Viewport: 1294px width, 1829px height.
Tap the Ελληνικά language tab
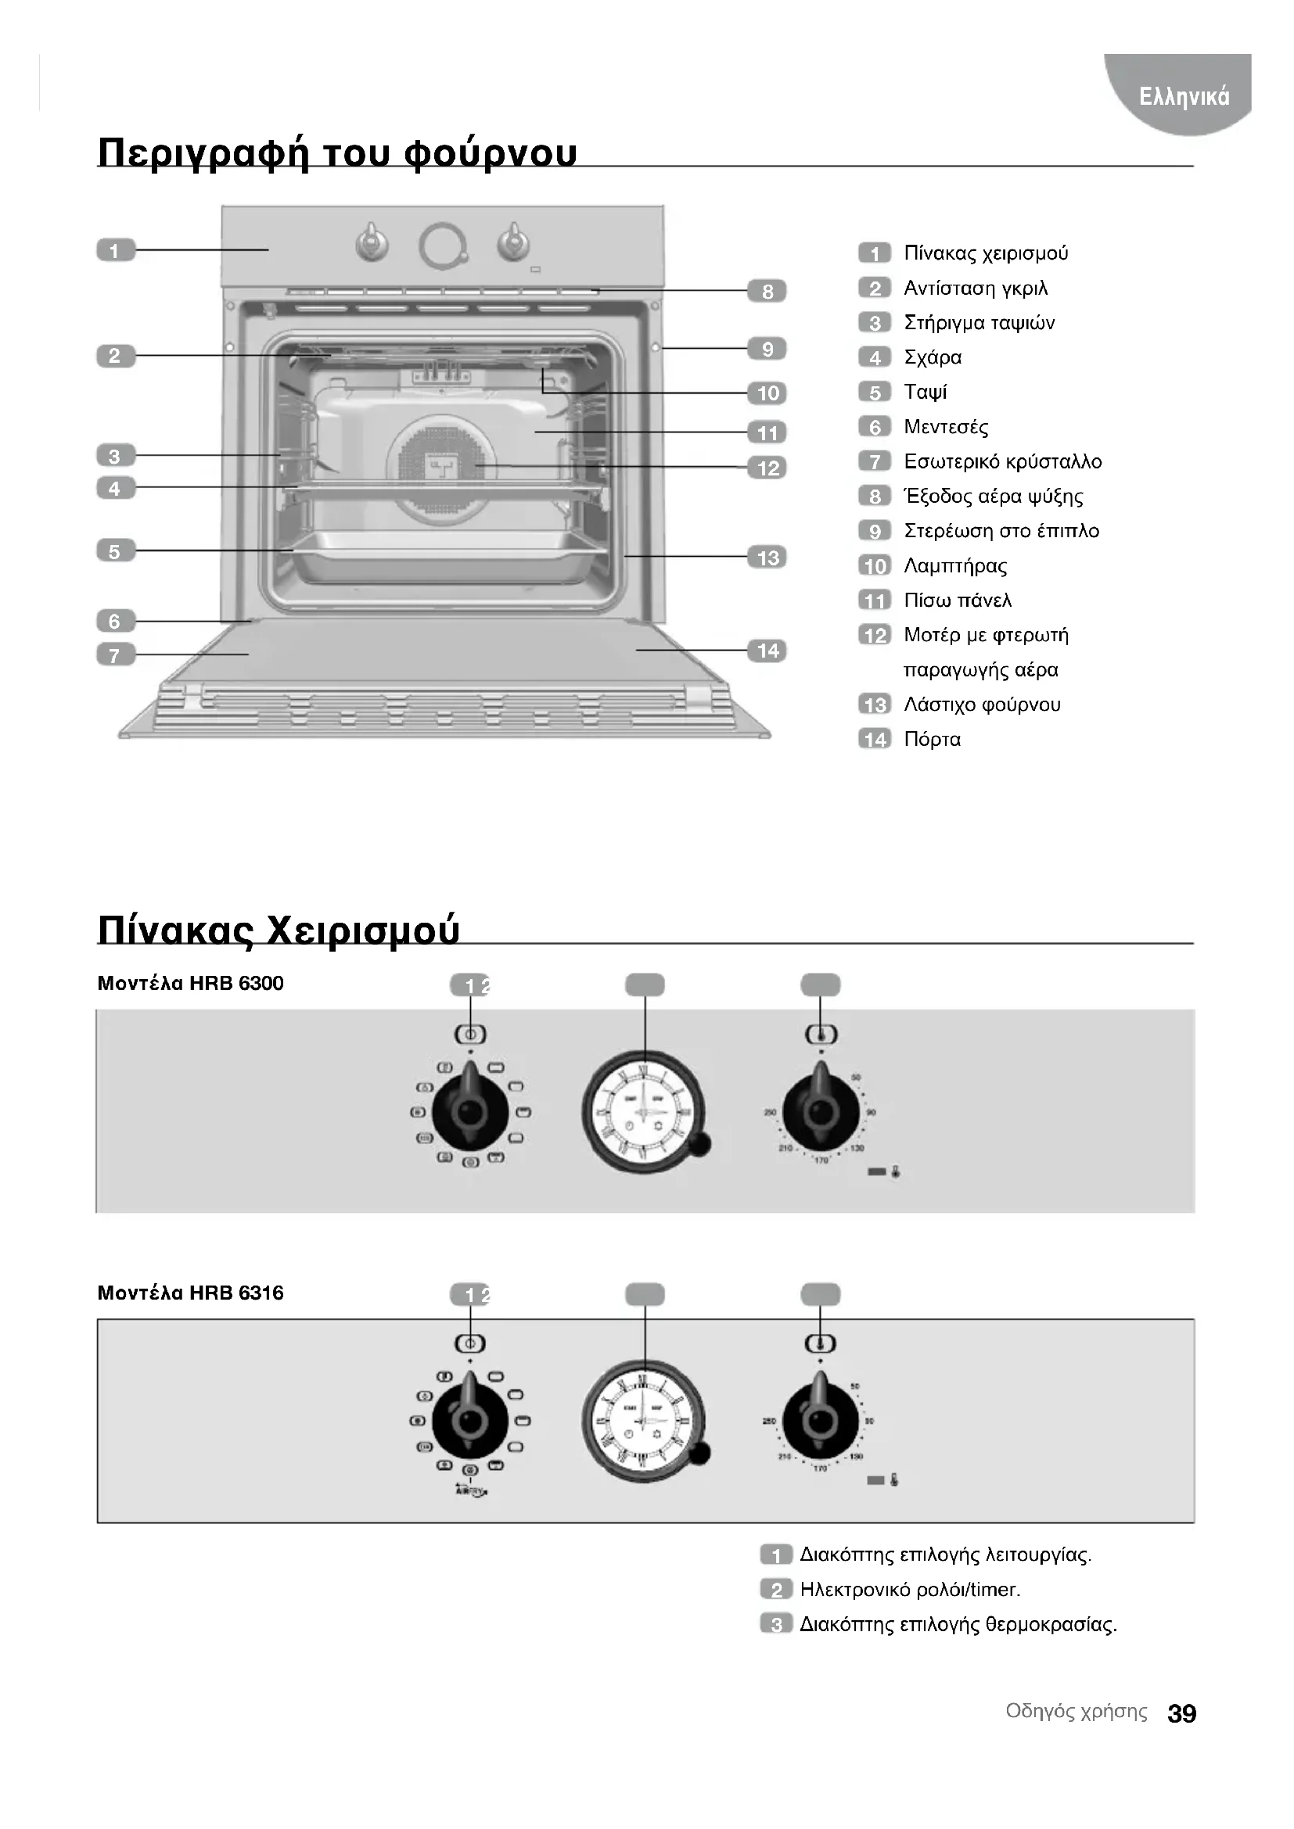coord(1184,96)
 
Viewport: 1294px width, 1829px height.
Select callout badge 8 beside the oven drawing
coord(767,292)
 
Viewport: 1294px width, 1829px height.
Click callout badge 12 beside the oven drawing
coord(767,468)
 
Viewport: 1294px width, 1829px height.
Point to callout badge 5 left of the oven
coord(116,550)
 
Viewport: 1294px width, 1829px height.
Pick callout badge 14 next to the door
coord(767,651)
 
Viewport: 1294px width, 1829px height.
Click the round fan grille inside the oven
coord(440,468)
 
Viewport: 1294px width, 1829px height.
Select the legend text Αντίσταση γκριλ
coord(976,288)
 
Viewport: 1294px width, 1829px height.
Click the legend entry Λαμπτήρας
coord(954,565)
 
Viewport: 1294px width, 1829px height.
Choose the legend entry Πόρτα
coord(932,739)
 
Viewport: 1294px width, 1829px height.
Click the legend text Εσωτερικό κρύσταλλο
coord(1002,461)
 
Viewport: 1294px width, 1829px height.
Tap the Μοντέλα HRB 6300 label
coord(190,983)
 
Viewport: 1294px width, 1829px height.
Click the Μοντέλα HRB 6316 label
coord(190,1292)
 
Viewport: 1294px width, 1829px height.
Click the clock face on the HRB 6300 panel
coord(644,1112)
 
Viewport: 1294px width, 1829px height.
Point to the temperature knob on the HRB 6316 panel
coord(820,1420)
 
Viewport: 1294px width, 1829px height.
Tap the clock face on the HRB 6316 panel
coord(644,1421)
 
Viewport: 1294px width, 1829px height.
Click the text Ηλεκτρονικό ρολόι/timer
coord(910,1589)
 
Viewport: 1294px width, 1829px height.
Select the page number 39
coord(1181,1713)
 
